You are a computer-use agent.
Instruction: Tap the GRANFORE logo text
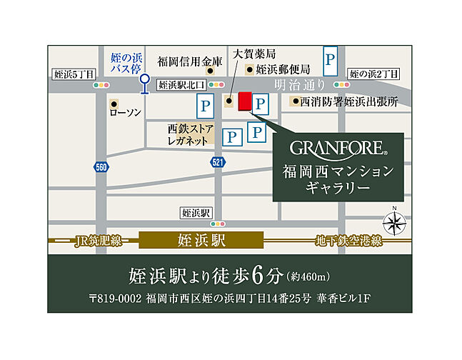(338, 149)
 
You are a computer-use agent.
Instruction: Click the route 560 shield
(101, 166)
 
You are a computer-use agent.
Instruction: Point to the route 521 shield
(217, 164)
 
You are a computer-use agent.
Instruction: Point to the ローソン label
(126, 114)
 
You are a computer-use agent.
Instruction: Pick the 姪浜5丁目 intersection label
(73, 74)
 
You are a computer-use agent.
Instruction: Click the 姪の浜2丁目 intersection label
(374, 74)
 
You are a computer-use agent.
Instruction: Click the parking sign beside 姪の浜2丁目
(330, 61)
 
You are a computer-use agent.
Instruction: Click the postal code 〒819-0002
(114, 298)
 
